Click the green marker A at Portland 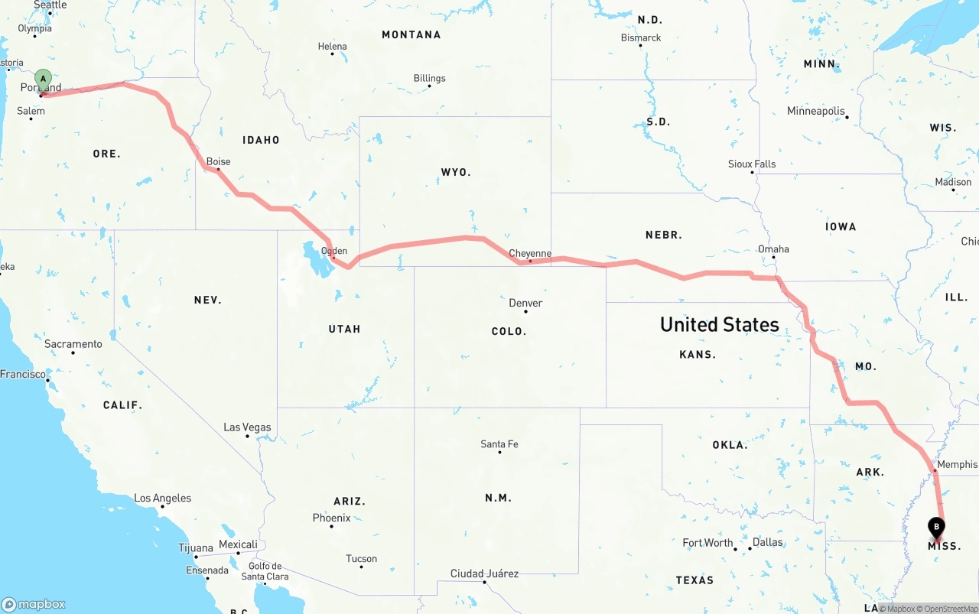pos(44,79)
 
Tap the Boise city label pos(218,161)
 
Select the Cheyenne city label pos(530,253)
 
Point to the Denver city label pos(525,303)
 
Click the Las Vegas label pos(247,427)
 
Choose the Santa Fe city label pos(499,443)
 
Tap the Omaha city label pos(773,249)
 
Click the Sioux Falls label pos(752,164)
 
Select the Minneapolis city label pos(816,111)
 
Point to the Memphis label pos(957,464)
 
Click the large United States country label pos(720,324)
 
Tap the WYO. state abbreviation pos(456,172)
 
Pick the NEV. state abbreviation pos(207,300)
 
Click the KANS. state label pos(698,354)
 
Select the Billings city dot pos(429,86)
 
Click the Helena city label pos(332,47)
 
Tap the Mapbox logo pos(34,604)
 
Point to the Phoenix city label pos(332,518)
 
